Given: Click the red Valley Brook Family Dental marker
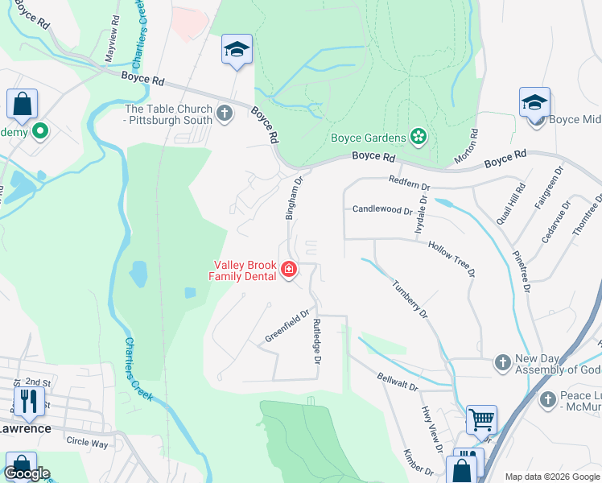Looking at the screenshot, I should [x=288, y=269].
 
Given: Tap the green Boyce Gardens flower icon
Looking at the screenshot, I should [x=418, y=138].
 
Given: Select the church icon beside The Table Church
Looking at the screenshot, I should [x=225, y=114].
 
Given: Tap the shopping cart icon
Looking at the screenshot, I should [x=481, y=419].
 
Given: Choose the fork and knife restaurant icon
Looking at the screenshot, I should [x=27, y=401].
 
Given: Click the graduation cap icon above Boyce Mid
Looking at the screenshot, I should [x=534, y=102].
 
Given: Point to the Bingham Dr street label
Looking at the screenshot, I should [x=293, y=199].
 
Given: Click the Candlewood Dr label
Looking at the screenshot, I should [x=382, y=209].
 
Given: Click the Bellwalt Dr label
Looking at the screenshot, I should [x=398, y=382].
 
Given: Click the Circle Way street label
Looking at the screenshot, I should [x=87, y=443].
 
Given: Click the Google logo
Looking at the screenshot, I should [x=27, y=473].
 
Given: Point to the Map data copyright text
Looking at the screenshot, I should [x=551, y=477].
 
